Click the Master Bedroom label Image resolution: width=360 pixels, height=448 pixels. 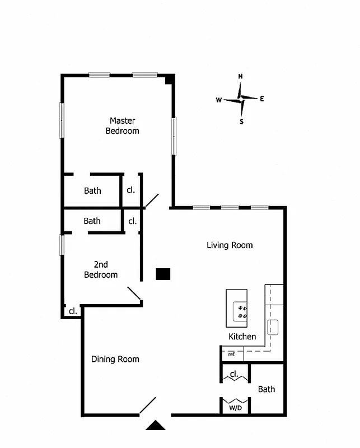[122, 125]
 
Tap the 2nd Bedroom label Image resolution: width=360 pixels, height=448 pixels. [101, 269]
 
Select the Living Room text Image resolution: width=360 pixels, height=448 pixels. [230, 245]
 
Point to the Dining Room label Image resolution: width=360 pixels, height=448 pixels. [115, 360]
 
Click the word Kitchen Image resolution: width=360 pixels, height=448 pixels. [242, 337]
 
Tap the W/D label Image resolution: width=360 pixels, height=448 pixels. [235, 409]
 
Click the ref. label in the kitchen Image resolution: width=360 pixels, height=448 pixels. [232, 354]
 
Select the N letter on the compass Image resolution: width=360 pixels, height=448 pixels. [241, 77]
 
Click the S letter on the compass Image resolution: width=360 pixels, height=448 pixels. [242, 122]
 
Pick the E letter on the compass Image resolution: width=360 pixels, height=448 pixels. [262, 99]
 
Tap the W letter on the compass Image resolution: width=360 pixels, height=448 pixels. [219, 100]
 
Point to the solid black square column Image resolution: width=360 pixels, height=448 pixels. [163, 274]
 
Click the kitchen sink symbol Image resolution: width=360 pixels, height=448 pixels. [274, 327]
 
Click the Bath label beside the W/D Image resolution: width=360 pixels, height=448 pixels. [267, 389]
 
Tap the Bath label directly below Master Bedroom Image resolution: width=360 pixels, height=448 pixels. [93, 191]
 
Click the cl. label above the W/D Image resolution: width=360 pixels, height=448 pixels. [234, 374]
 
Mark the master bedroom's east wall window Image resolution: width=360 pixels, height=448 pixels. [174, 136]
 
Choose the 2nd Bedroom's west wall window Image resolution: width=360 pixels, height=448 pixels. [62, 245]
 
